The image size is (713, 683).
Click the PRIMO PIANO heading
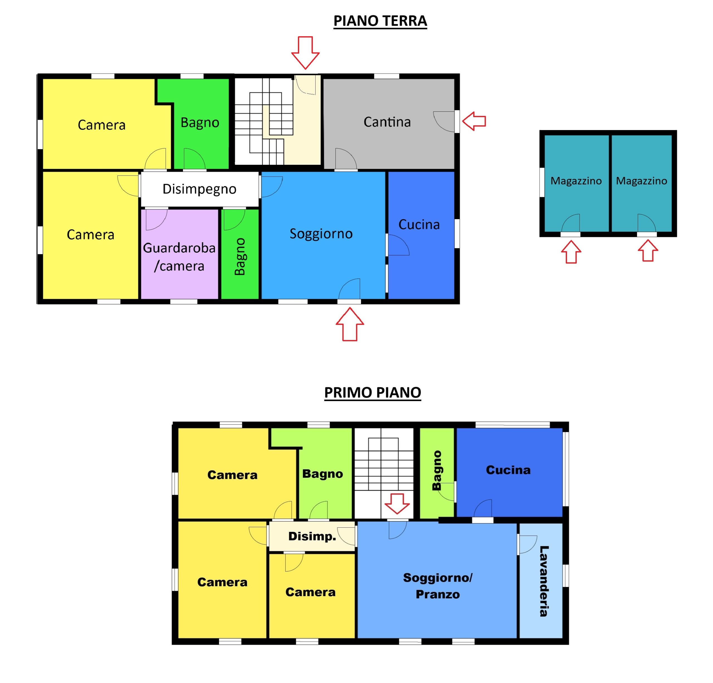click(x=372, y=393)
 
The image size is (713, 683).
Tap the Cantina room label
click(x=387, y=122)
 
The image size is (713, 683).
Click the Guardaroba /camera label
click(x=179, y=257)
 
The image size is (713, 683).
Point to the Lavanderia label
click(x=544, y=581)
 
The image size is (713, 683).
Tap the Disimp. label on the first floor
click(x=312, y=537)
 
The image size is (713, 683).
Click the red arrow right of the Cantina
click(x=474, y=121)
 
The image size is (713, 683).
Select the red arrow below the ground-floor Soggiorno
click(x=350, y=324)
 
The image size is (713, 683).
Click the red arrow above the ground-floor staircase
click(x=305, y=53)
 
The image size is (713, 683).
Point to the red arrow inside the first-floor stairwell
click(x=397, y=504)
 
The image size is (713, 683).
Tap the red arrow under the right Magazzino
click(x=648, y=251)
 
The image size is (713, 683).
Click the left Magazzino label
click(x=576, y=181)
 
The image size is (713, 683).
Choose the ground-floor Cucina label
click(x=419, y=225)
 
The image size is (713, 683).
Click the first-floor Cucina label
click(x=508, y=470)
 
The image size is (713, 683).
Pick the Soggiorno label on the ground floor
click(x=321, y=234)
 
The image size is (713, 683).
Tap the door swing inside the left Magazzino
click(x=571, y=222)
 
